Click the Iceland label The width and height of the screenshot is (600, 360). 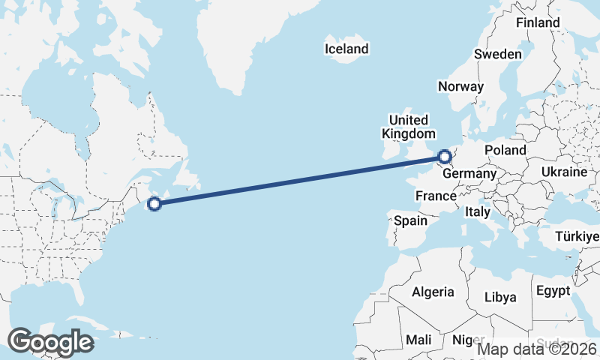pos(346,49)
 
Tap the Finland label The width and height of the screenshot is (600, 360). pos(538,22)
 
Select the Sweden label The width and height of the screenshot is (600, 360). pos(497,54)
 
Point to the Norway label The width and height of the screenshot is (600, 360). pos(460,86)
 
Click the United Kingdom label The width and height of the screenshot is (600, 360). pos(409,127)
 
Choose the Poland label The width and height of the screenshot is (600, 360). pos(505,150)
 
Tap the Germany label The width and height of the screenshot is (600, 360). pos(469,174)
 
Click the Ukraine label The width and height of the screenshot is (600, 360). pos(565,172)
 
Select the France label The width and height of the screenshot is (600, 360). pos(436,196)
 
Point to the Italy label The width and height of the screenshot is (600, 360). pos(478,212)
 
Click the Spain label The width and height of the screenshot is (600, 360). pos(410,220)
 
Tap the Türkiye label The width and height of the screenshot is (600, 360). pos(577,237)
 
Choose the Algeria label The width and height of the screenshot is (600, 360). pos(433,292)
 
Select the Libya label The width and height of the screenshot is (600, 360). pos(500,297)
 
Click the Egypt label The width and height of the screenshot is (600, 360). pos(553,290)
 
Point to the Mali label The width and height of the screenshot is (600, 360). pos(418,340)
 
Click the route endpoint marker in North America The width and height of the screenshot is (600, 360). pos(154,203)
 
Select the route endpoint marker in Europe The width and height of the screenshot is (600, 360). pos(445,157)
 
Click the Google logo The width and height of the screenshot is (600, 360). pos(50,342)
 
